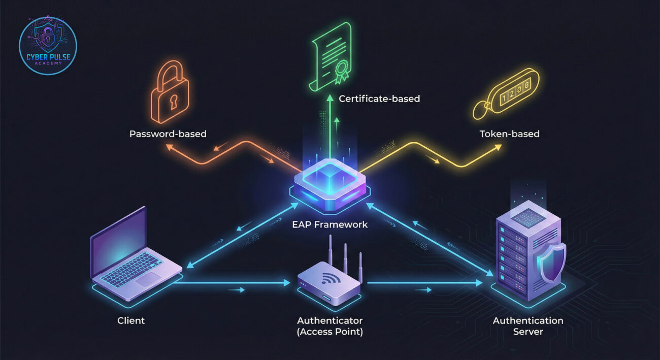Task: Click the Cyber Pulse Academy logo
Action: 48,45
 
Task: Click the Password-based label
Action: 168,134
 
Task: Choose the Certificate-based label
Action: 379,99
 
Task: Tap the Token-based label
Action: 509,134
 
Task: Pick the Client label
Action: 131,320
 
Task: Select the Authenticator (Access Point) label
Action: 330,326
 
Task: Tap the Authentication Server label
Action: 528,326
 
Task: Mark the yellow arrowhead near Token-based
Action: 498,147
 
